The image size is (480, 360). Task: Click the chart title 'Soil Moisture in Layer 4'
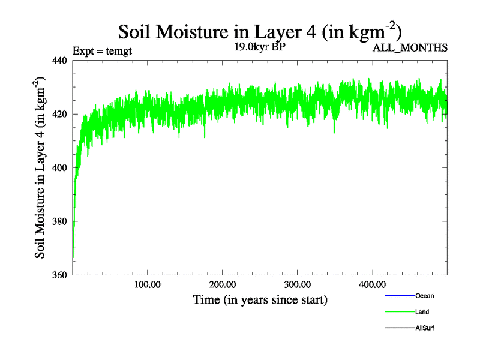[x=260, y=31]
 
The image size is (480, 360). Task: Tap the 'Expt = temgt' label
[x=102, y=50]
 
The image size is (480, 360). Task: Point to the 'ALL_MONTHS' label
[x=410, y=48]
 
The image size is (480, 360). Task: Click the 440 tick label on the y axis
[x=60, y=60]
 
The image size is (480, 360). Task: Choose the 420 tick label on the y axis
[x=60, y=114]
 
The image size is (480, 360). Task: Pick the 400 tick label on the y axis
[x=60, y=168]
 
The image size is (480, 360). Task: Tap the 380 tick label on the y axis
[x=60, y=221]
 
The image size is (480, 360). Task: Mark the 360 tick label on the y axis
[x=60, y=275]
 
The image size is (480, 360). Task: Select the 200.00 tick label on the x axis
[x=223, y=284]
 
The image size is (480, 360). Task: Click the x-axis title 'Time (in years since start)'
[x=260, y=299]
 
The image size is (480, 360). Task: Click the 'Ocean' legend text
[x=424, y=296]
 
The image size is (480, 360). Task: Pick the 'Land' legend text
[x=422, y=312]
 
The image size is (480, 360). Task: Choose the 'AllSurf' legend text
[x=424, y=328]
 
